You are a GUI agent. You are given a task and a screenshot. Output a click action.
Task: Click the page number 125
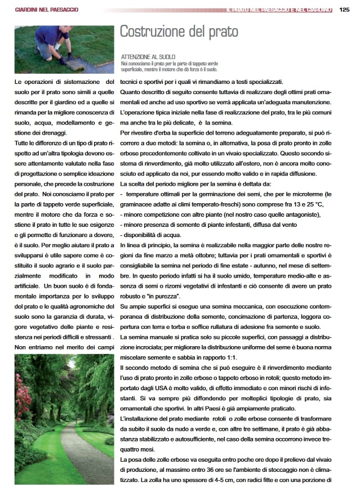(345, 9)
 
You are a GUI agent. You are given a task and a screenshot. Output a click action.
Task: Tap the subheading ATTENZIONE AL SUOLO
(148, 57)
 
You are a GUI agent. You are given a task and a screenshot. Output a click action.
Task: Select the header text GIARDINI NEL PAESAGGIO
(47, 10)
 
